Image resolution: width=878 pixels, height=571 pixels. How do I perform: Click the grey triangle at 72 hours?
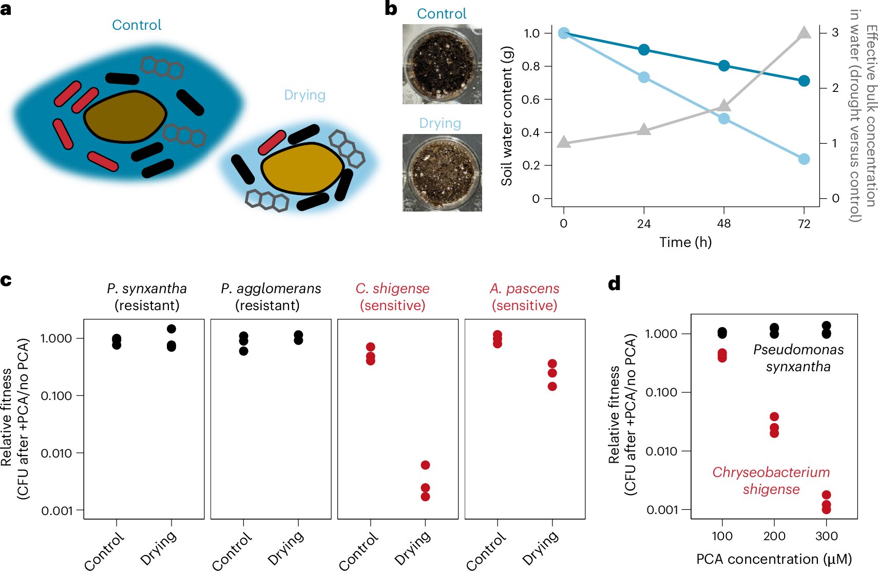coord(804,33)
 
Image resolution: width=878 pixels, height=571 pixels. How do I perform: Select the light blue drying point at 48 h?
coord(724,119)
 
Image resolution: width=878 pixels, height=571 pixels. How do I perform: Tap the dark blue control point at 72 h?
coord(804,81)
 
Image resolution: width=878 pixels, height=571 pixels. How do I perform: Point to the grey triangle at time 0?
coord(564,142)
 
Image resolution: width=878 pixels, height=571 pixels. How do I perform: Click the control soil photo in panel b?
coord(442,64)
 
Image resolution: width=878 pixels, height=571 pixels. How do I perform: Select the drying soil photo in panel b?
coord(442,173)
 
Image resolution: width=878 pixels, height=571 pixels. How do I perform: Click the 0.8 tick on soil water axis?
coord(531,66)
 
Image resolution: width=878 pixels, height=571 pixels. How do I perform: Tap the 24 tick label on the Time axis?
coord(644,224)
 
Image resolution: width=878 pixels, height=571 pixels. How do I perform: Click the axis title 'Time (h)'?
coord(685,242)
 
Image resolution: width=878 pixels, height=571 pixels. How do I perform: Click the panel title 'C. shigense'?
coord(393,289)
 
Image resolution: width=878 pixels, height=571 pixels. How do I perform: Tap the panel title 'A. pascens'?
coord(524,289)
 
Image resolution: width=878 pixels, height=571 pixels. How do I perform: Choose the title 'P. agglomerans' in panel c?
coord(271,289)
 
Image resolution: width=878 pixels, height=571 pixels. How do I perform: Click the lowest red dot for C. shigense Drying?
coord(425,497)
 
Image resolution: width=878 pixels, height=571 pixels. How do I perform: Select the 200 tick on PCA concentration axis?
coord(774,536)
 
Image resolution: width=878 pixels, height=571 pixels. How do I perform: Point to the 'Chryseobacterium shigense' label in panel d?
coord(771,481)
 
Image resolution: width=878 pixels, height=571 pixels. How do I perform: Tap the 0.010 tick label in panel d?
coord(661,451)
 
